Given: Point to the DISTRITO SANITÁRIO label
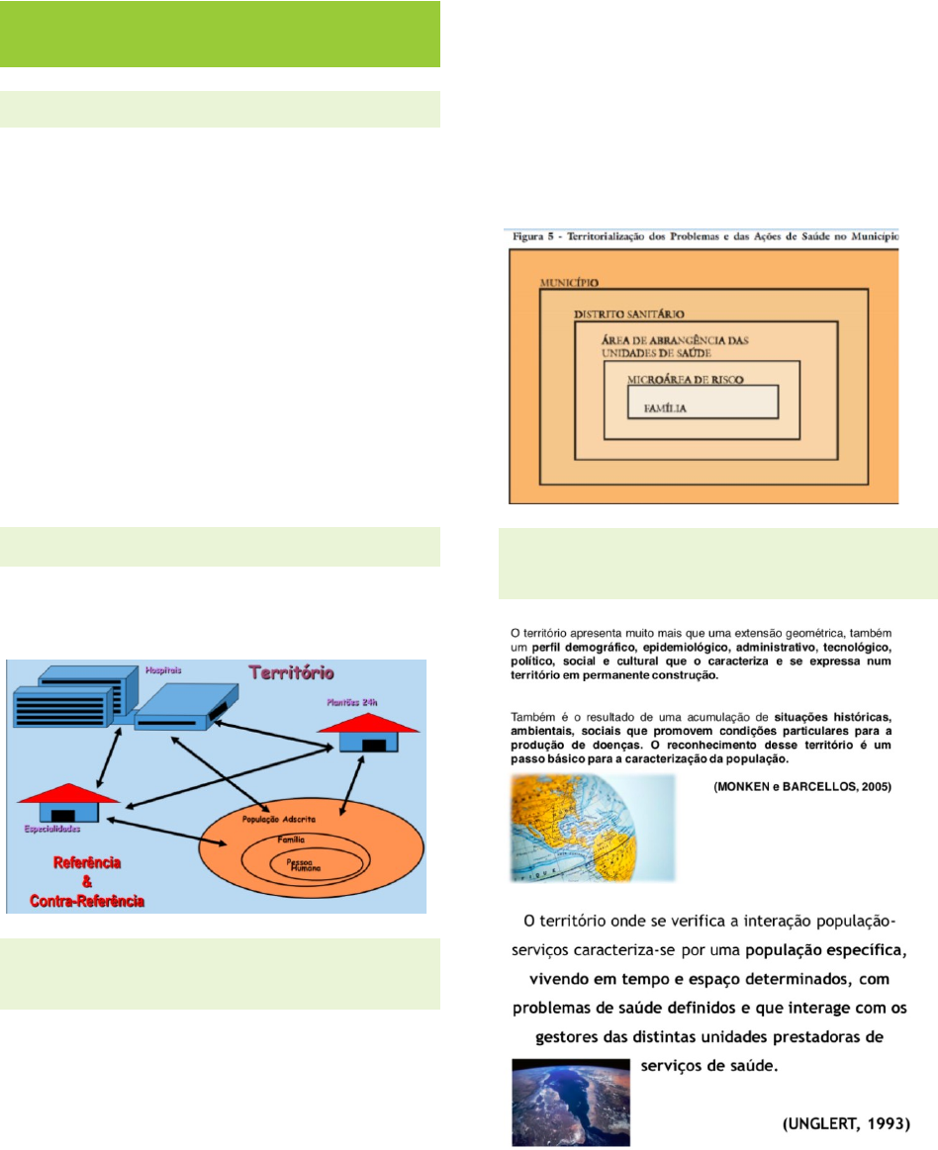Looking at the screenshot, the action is [628, 314].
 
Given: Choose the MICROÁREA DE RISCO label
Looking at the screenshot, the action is [685, 380].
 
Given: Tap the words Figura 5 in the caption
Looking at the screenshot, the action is [535, 238].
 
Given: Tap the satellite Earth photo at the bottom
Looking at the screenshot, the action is [570, 1103].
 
